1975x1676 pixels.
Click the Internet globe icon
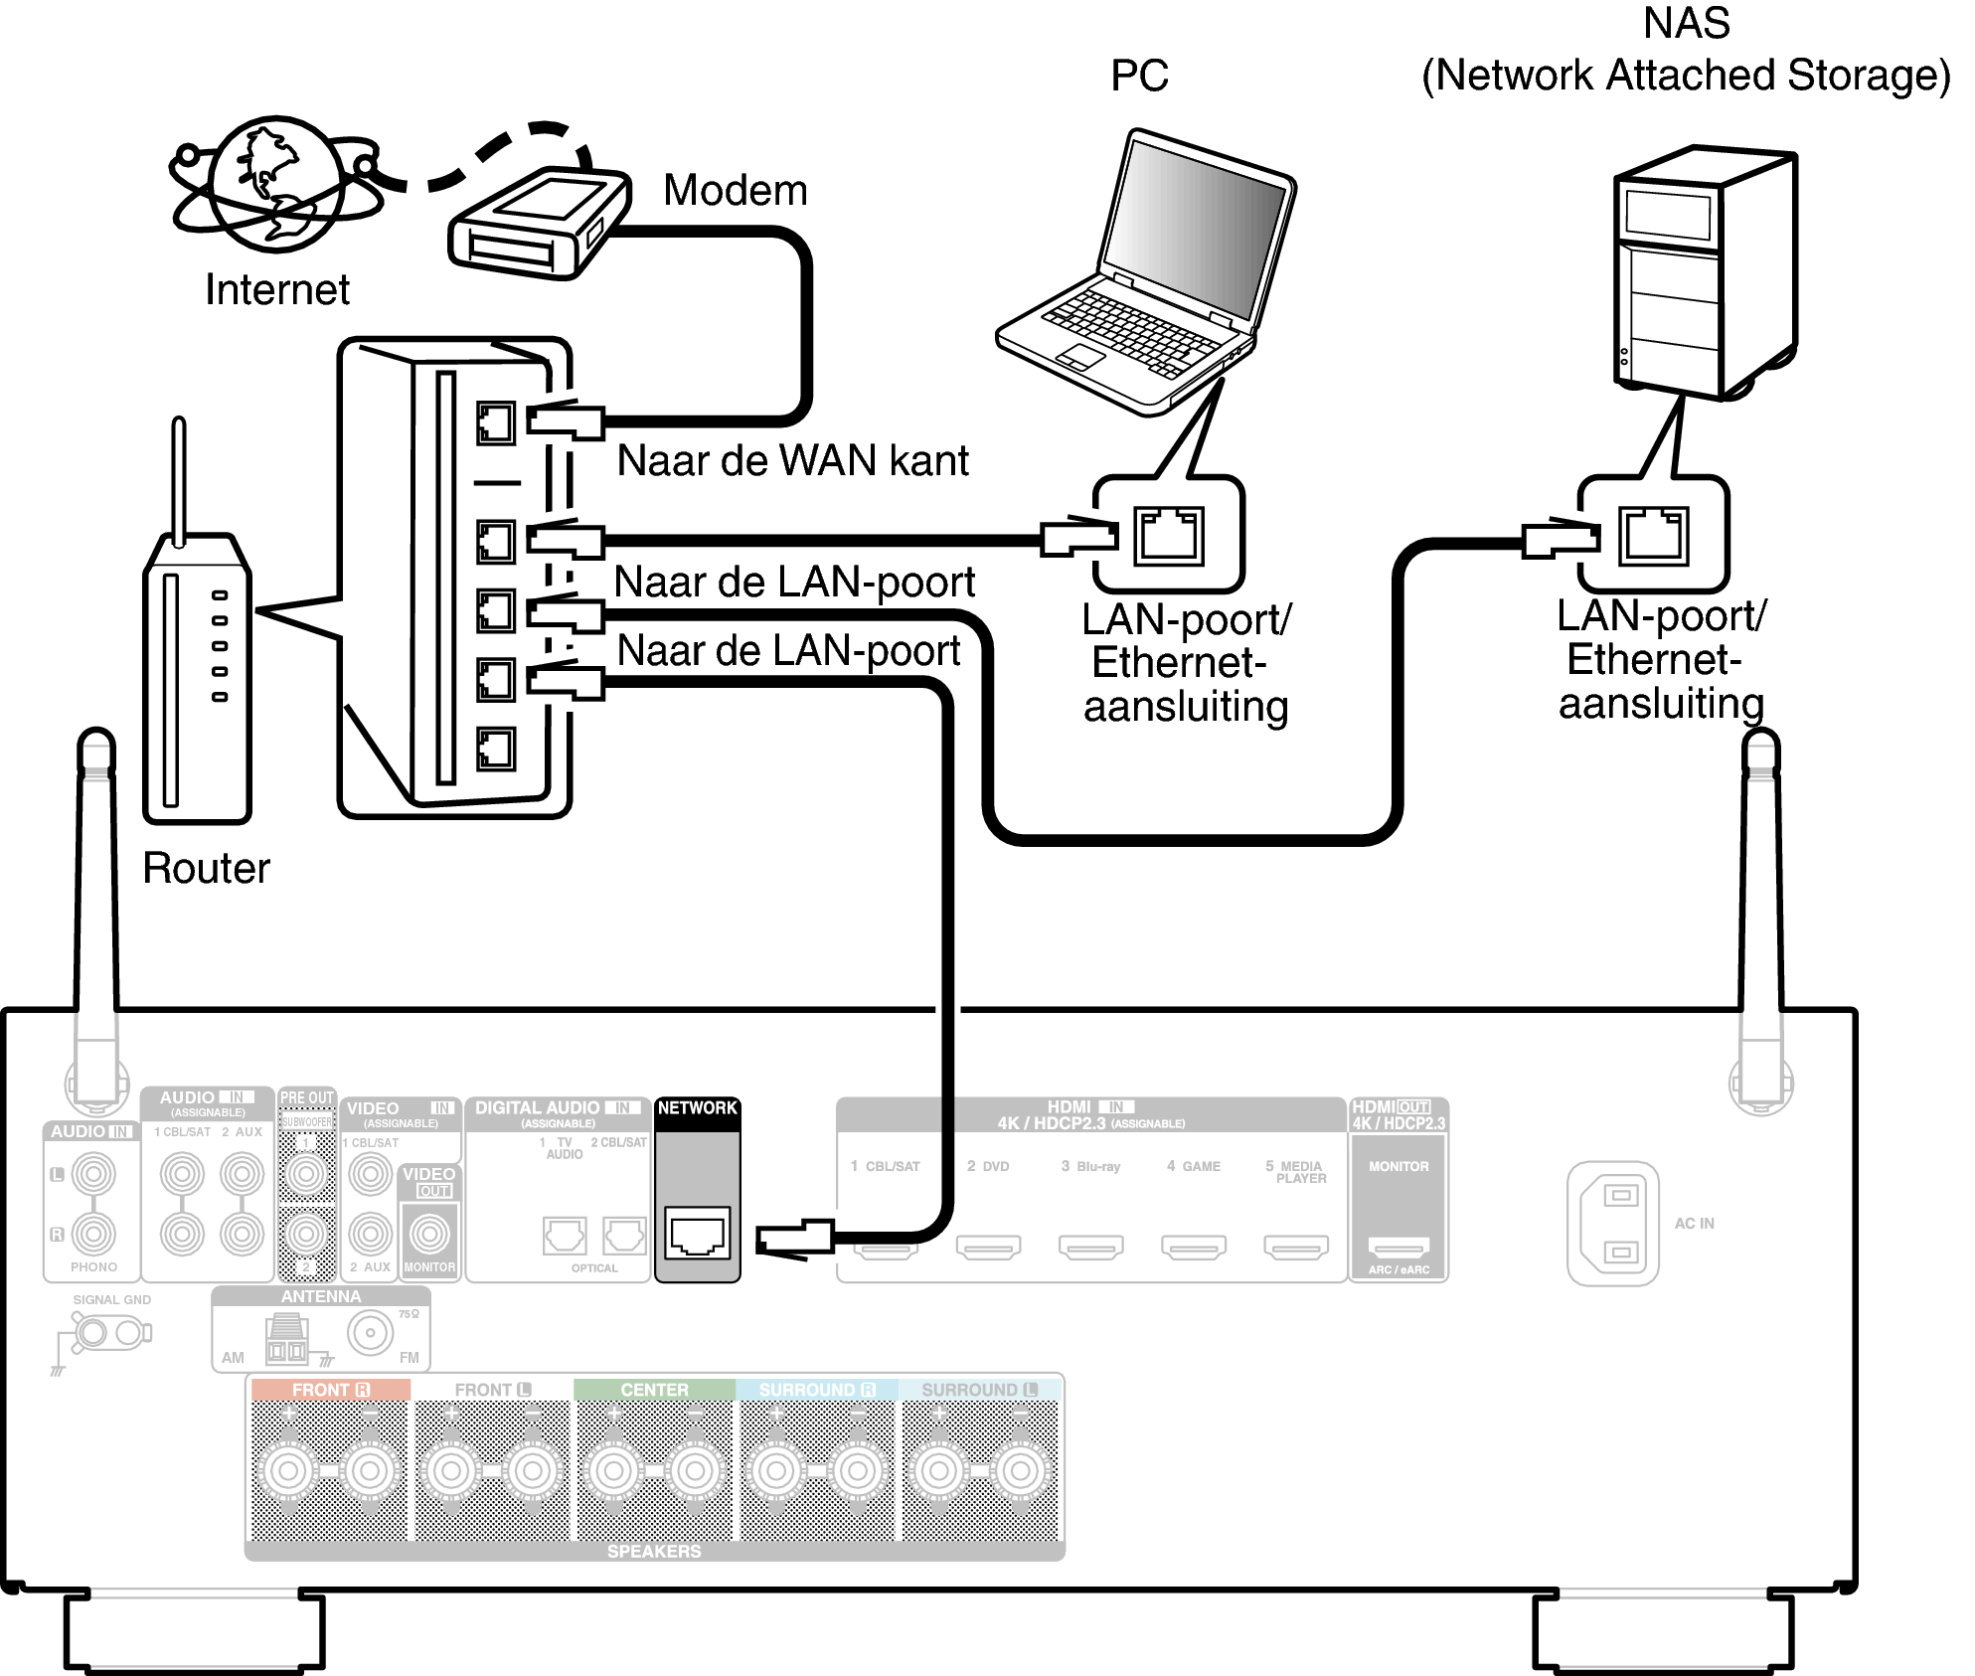pos(275,185)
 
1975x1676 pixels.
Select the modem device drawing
pos(538,225)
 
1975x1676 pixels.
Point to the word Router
pos(206,868)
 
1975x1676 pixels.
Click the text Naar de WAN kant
pos(792,461)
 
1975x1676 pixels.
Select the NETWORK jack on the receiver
pos(697,1234)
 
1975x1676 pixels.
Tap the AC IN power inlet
pos(1612,1224)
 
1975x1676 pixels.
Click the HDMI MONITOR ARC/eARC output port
pos(1398,1246)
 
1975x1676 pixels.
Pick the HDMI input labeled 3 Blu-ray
pos(1090,1246)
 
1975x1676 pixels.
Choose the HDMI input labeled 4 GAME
pos(1193,1246)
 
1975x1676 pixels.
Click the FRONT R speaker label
pos(330,1390)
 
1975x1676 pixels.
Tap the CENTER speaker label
pos(654,1390)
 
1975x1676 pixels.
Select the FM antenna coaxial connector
pos(371,1332)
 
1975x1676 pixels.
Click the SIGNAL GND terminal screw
pos(92,1333)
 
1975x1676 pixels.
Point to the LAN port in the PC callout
pos(1169,536)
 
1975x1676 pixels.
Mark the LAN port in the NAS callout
pos(1653,536)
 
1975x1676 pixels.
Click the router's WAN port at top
pos(495,422)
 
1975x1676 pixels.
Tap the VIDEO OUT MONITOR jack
pos(429,1234)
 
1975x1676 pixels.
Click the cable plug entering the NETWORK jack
pos(795,1239)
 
